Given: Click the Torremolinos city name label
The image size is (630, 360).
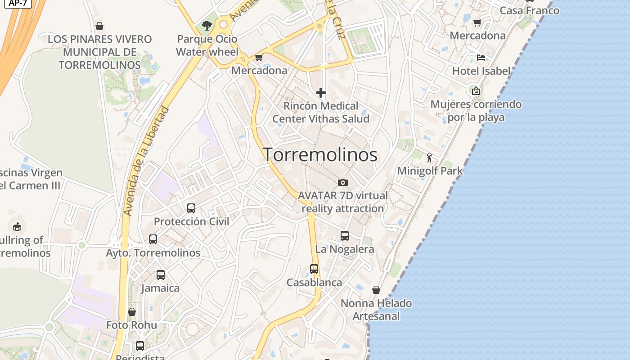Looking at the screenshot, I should tap(320, 155).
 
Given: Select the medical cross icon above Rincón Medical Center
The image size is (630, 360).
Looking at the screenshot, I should tap(321, 93).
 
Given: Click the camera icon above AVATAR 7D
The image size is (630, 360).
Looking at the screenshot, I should tap(343, 182).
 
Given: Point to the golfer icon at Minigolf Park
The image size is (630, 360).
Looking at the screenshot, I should tap(429, 157).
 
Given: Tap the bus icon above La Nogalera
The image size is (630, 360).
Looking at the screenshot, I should tap(345, 236).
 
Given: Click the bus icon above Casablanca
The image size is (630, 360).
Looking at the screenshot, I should tap(314, 269).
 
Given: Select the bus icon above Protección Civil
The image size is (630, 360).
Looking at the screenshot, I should tap(191, 208).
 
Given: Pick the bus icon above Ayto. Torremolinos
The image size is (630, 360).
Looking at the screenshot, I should tap(153, 239).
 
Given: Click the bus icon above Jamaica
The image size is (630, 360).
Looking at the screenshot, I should tap(161, 275).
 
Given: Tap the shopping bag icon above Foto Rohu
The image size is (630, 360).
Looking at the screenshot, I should tap(132, 312).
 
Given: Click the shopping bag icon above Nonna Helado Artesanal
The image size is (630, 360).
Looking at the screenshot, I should tap(376, 290).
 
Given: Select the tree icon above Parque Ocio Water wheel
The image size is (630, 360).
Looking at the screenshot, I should tap(207, 26).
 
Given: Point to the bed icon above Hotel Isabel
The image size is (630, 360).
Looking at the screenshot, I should tap(481, 58).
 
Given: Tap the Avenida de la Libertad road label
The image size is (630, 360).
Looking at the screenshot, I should tap(146, 161).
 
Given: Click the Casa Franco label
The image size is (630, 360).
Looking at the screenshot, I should tap(530, 10).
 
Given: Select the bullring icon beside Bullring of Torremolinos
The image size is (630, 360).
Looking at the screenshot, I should tap(17, 226).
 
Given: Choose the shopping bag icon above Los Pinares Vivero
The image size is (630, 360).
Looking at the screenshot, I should tap(99, 26).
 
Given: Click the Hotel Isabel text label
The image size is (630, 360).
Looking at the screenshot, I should tap(481, 71).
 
